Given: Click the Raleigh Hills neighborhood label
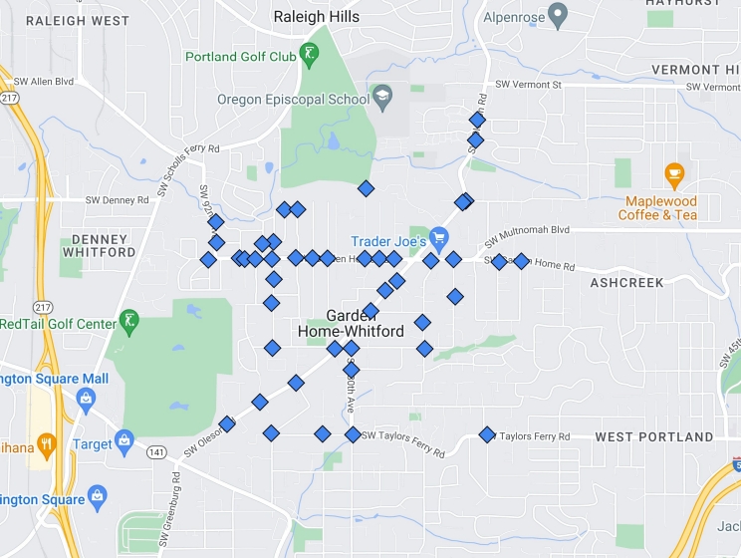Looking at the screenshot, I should click(x=317, y=17).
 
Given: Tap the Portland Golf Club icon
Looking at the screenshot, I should click(x=311, y=56).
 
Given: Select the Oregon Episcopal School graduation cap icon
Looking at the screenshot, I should click(x=381, y=97).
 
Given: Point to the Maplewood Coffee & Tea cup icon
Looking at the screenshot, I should click(x=674, y=175).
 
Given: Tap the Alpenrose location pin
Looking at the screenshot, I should click(x=558, y=16).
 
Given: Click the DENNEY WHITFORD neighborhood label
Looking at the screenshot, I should click(x=98, y=245).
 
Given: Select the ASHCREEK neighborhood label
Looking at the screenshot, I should click(x=626, y=283).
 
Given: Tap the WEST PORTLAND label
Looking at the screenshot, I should click(x=654, y=436).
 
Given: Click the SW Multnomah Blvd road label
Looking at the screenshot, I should click(x=527, y=232).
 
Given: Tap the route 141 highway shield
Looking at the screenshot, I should click(x=156, y=452).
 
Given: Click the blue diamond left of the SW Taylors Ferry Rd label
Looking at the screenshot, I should click(x=487, y=434).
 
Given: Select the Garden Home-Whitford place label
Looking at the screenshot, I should click(x=351, y=323).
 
